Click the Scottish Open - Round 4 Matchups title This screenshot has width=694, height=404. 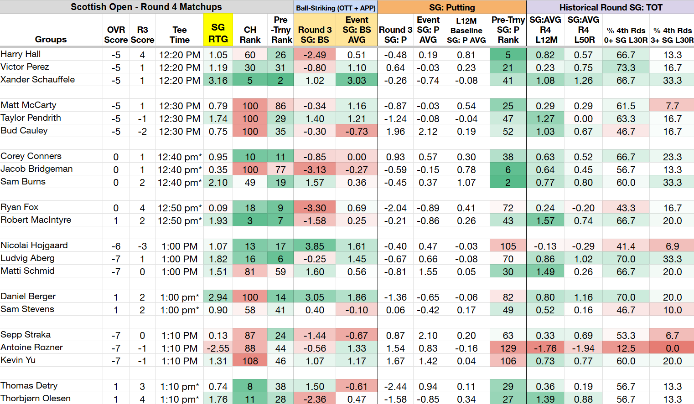[146, 7]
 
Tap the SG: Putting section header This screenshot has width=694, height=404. [452, 7]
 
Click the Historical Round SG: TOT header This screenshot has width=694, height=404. [611, 7]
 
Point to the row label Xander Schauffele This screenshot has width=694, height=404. [37, 80]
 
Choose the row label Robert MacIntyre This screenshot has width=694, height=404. [36, 220]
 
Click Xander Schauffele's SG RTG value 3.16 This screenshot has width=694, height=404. [218, 81]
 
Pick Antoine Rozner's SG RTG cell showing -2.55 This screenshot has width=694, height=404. [218, 348]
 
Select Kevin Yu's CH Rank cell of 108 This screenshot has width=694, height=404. [250, 361]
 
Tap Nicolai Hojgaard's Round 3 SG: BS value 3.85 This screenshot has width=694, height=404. [315, 246]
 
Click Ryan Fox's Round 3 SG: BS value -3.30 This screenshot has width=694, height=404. [315, 208]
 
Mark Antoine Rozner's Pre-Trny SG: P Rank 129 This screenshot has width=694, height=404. [508, 348]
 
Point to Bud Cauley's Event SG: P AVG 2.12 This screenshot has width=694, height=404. [428, 132]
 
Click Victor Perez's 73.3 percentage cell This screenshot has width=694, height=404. [626, 68]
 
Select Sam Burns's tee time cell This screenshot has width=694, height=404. [180, 183]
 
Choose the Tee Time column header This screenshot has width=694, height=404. [180, 35]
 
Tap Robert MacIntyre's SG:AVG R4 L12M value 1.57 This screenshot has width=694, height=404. [545, 221]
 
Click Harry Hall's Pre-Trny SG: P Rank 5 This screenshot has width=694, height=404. [508, 55]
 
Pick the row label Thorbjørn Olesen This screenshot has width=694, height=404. [36, 399]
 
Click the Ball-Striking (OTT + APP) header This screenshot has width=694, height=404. [336, 8]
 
